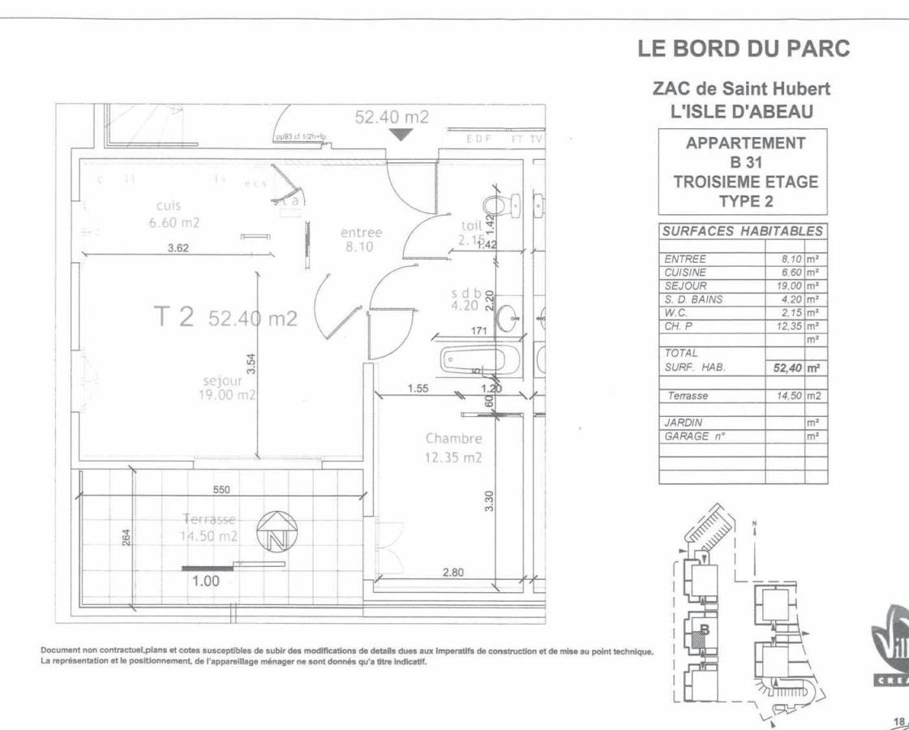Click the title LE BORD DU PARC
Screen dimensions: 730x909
(744, 49)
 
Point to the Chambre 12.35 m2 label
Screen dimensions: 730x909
(454, 448)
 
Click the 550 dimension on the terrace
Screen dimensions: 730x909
(221, 490)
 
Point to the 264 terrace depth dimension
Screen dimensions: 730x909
(126, 538)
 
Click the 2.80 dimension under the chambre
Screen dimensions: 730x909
(452, 573)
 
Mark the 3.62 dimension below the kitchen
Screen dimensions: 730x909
(178, 248)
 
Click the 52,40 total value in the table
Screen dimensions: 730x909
(783, 368)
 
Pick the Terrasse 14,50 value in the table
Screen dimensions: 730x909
(783, 397)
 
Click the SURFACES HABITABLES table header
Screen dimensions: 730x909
(743, 231)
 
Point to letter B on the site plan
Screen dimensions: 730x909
(704, 629)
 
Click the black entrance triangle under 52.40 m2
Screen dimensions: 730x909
(399, 135)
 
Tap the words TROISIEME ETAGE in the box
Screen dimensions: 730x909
(746, 182)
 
